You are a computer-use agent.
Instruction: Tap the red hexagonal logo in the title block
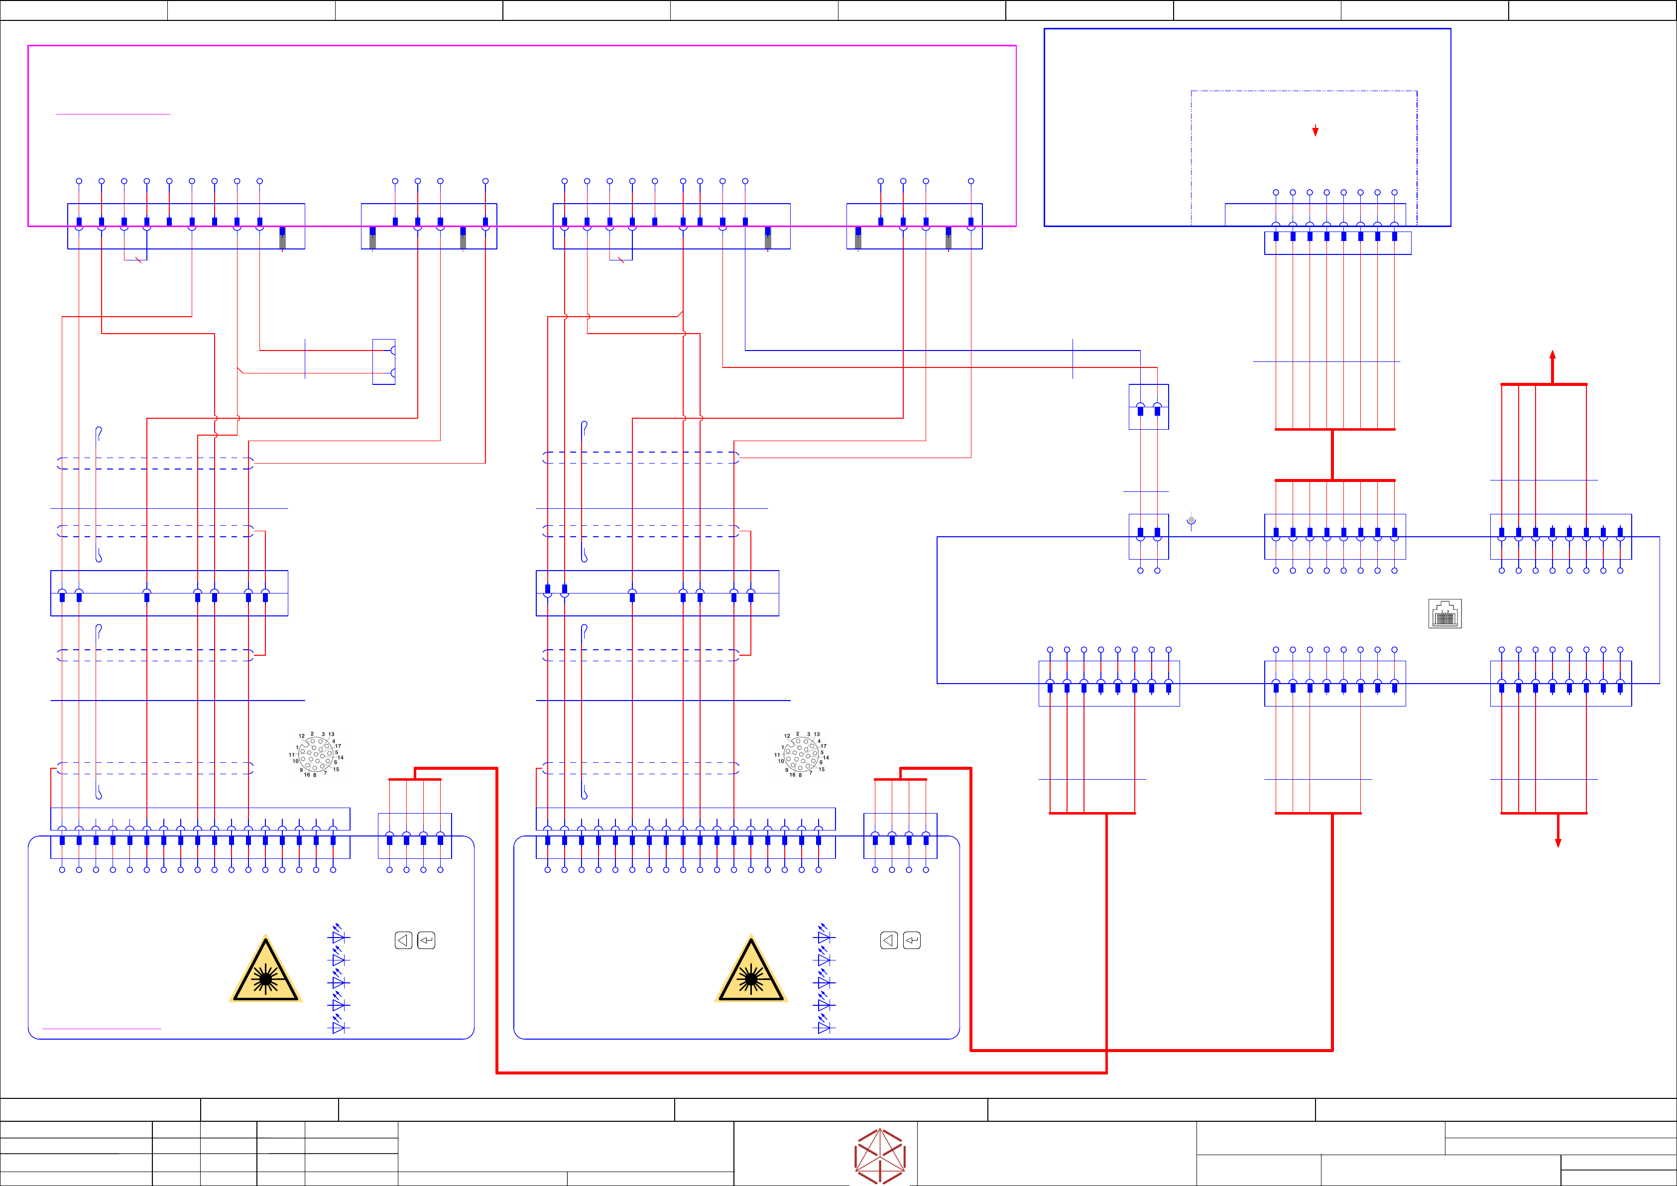pyautogui.click(x=880, y=1155)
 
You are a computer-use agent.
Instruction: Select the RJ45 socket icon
pyautogui.click(x=1445, y=614)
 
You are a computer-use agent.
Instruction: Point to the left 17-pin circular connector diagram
pyautogui.click(x=316, y=754)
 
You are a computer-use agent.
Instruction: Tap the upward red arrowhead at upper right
pyautogui.click(x=1553, y=356)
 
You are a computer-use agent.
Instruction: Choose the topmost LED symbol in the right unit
pyautogui.click(x=825, y=936)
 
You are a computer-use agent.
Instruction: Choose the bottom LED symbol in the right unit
pyautogui.click(x=825, y=1027)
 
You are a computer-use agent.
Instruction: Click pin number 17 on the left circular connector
pyautogui.click(x=338, y=746)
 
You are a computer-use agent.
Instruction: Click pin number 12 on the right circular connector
pyautogui.click(x=787, y=736)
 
